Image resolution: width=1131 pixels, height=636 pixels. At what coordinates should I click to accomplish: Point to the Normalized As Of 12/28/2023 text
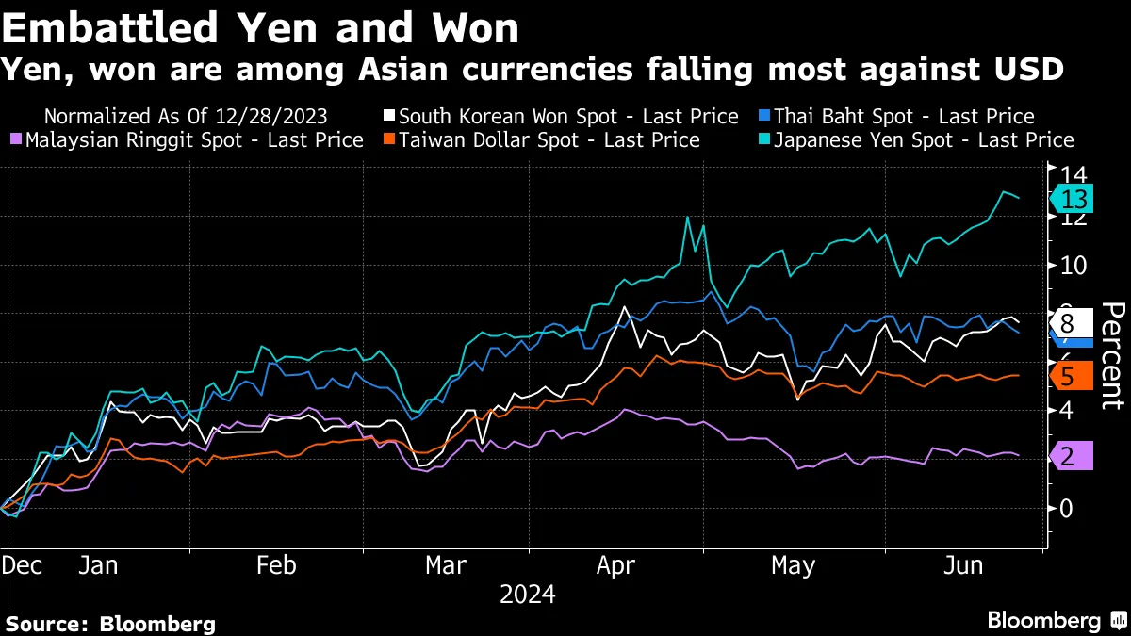pos(186,117)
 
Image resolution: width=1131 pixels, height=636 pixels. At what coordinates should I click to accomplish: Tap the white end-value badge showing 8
pos(1069,324)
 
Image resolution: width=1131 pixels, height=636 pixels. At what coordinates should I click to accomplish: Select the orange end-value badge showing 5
pos(1069,376)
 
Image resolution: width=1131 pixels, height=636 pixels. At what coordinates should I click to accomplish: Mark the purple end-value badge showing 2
pos(1069,456)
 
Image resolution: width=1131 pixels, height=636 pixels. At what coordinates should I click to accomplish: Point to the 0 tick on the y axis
pos(1067,509)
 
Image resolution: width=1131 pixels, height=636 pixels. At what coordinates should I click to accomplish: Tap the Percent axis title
pos(1112,355)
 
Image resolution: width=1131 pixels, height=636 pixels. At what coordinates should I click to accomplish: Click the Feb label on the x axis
pos(277,565)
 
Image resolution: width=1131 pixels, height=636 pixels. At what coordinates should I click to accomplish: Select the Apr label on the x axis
pos(615,565)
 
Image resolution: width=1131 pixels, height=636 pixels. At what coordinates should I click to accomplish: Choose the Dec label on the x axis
pos(22,565)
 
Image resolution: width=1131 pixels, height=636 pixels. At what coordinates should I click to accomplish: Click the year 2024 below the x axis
pos(527,595)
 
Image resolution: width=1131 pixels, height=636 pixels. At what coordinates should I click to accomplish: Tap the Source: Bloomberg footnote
pos(110,623)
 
